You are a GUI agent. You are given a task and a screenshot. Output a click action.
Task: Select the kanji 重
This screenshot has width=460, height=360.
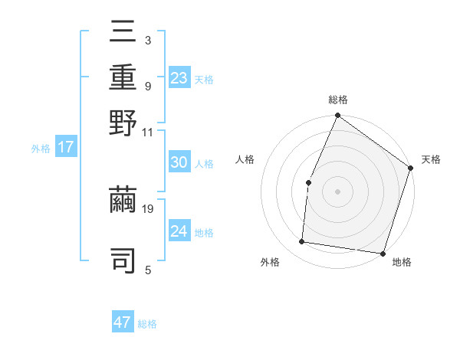[x=123, y=78]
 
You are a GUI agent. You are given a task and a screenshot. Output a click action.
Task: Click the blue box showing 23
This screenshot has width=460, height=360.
[x=179, y=78]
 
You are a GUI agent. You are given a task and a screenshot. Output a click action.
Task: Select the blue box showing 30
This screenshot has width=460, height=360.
[x=179, y=163]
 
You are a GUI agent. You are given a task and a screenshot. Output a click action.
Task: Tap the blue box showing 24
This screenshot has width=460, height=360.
[x=179, y=232]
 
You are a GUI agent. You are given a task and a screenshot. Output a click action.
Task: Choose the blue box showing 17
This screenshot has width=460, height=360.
[x=66, y=148]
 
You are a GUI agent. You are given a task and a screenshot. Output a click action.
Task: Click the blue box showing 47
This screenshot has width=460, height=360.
[x=123, y=322]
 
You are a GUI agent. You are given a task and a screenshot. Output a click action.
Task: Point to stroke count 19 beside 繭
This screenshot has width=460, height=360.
[x=149, y=208]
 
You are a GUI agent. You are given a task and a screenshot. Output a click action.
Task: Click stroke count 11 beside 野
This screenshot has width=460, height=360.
[x=149, y=133]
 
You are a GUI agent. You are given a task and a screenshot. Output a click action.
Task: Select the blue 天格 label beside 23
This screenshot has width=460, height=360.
[x=204, y=80]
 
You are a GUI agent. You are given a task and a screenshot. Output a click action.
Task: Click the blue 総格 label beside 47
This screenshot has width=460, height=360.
[x=147, y=324]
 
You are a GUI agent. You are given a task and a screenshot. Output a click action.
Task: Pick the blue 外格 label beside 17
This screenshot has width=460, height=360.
[x=41, y=149]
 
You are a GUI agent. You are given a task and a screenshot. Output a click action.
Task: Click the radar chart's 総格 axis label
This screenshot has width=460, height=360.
[x=337, y=100]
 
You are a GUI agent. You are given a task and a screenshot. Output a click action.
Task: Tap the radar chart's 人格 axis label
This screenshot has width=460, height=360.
[x=245, y=159]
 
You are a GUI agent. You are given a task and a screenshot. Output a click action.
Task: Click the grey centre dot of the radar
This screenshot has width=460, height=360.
[x=337, y=191]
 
